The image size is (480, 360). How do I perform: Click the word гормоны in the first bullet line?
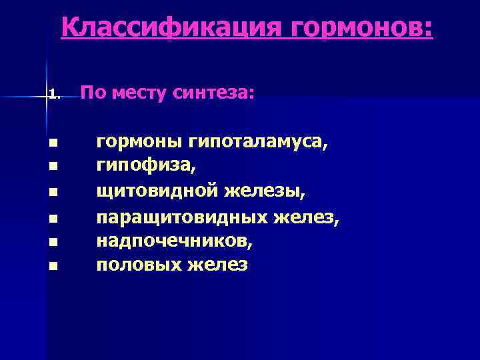click(139, 141)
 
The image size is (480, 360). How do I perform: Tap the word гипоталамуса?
click(258, 142)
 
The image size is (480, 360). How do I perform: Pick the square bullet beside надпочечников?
click(53, 239)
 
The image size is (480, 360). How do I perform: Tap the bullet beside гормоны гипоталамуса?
click(53, 142)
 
